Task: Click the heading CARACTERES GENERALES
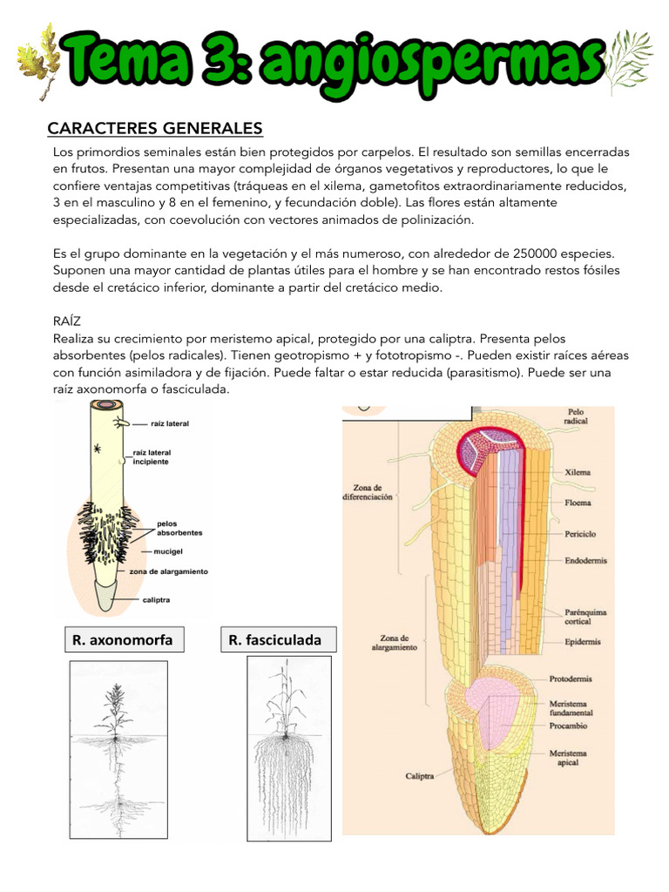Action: tap(154, 129)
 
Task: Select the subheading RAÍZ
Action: tap(65, 321)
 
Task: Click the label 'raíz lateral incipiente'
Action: tap(152, 457)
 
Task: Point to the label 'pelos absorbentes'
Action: tap(179, 528)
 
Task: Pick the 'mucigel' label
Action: tap(168, 551)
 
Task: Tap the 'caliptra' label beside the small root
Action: tap(156, 600)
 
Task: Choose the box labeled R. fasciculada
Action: tap(274, 640)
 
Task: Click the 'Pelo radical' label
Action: tap(576, 416)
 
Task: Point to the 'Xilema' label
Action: tap(578, 472)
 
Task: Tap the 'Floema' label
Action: tap(578, 503)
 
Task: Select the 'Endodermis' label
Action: tap(583, 562)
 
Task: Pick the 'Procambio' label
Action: tap(569, 725)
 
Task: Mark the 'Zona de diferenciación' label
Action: tap(368, 493)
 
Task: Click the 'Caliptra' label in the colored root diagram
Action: tap(419, 775)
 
